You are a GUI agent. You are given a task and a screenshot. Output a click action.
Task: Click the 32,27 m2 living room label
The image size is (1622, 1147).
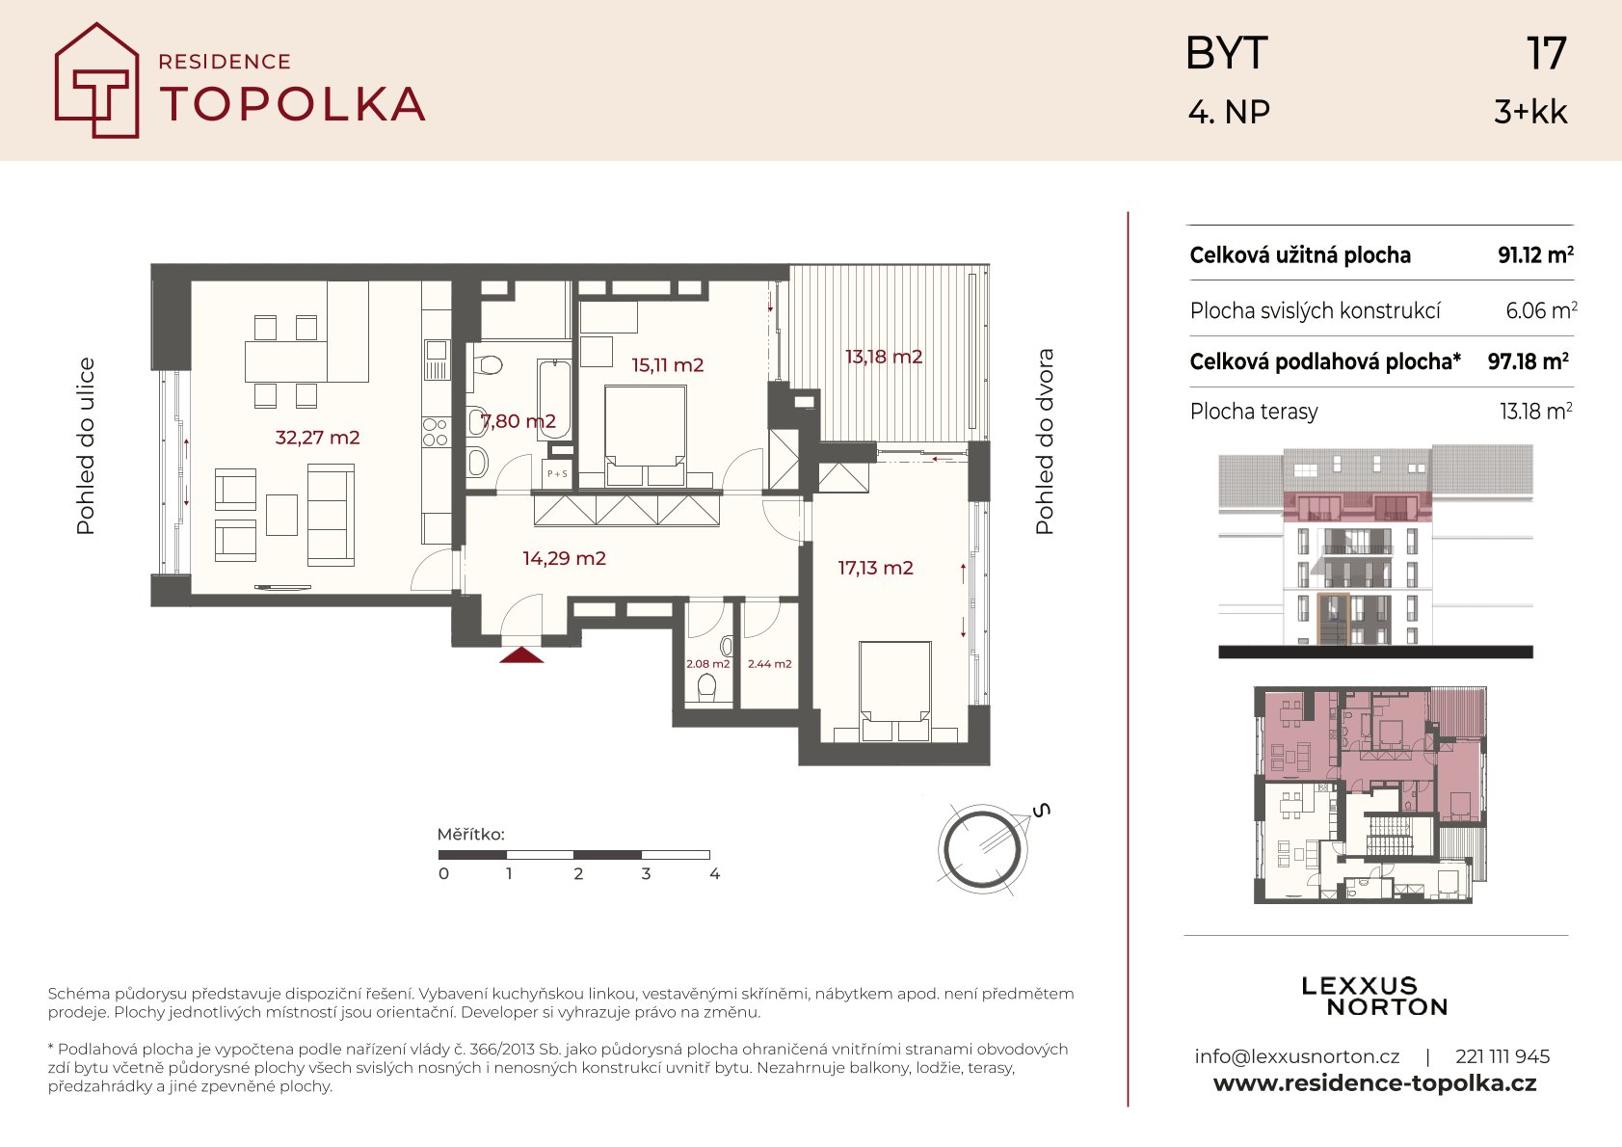click(x=317, y=438)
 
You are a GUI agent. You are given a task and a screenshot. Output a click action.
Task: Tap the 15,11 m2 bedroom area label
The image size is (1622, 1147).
click(x=667, y=365)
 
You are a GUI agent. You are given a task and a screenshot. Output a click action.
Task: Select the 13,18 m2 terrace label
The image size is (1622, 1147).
click(x=884, y=357)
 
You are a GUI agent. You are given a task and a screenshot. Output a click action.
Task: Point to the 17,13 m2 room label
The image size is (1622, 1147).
click(x=875, y=568)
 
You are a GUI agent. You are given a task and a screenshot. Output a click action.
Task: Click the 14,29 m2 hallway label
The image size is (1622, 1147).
click(x=564, y=558)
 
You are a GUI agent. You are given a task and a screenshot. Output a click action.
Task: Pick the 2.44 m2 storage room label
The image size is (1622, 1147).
click(x=769, y=664)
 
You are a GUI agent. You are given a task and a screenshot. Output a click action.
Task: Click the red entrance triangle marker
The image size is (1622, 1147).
click(x=521, y=655)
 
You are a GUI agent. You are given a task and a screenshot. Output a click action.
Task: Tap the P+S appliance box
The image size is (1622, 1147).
click(x=558, y=473)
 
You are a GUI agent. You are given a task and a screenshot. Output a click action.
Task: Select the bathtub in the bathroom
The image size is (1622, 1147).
click(x=555, y=398)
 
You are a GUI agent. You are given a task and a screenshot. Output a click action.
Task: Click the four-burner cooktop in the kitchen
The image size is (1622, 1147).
click(x=436, y=433)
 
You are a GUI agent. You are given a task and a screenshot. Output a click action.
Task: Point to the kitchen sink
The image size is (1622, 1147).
click(x=437, y=360)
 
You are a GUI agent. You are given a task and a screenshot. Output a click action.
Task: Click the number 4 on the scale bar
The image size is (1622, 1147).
click(x=715, y=874)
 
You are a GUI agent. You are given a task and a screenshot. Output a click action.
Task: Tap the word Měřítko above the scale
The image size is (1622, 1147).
click(x=470, y=834)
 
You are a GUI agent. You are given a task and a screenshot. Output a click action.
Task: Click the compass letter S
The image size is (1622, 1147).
click(x=1041, y=810)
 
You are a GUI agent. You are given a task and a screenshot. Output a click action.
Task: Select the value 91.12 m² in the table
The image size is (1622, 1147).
click(x=1535, y=254)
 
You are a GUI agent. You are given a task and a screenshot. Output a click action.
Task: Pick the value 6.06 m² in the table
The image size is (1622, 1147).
click(x=1541, y=310)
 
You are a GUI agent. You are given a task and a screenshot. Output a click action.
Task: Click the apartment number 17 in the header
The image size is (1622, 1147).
click(x=1546, y=53)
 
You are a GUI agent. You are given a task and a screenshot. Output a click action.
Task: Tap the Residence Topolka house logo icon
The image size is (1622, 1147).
click(x=96, y=80)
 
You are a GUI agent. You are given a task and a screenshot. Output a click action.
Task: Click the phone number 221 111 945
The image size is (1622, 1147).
click(x=1502, y=1056)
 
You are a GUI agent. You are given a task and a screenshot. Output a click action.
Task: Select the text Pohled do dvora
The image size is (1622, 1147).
click(x=1044, y=441)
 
